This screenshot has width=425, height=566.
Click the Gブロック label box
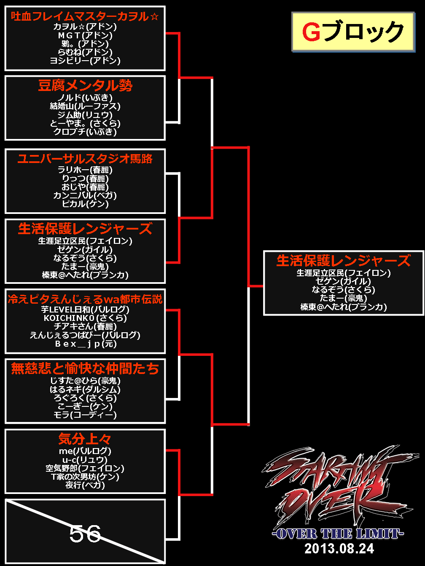(352, 32)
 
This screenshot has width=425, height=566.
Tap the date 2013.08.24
(339, 548)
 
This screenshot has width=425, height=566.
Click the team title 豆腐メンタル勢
(85, 85)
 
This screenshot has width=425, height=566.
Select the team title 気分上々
(85, 439)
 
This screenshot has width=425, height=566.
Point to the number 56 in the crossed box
(85, 534)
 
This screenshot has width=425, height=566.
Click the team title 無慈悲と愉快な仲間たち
(85, 368)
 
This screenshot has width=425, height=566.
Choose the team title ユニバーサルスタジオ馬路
(85, 159)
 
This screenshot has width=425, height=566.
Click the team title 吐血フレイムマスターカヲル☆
(85, 16)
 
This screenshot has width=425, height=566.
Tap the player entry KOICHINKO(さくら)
(85, 318)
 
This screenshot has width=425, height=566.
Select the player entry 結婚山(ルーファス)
(85, 106)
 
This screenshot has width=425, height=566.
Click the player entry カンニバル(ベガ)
(85, 195)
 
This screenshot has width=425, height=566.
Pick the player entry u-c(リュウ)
(85, 460)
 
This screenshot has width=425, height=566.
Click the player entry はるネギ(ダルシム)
(85, 389)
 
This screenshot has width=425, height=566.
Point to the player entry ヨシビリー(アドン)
(85, 61)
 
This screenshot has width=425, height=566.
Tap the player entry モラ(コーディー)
(85, 415)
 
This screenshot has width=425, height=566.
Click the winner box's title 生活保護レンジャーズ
(343, 261)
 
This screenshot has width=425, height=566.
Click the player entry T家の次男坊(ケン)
(85, 477)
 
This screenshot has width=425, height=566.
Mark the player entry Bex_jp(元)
(85, 344)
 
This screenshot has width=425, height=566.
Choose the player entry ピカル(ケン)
(85, 204)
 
